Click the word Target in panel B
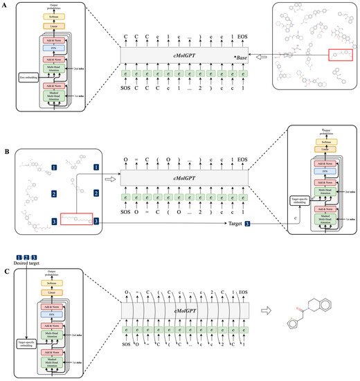235,225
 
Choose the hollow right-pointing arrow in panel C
267,311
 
